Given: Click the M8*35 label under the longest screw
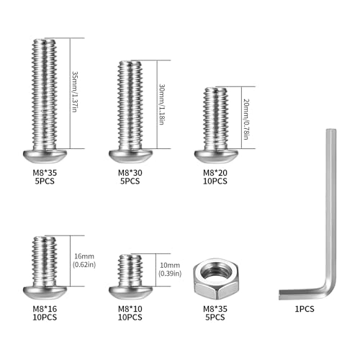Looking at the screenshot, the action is [x=45, y=173].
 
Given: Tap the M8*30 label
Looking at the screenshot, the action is [x=130, y=173].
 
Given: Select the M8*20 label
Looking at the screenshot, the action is [x=215, y=173].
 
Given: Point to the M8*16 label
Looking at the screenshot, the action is [x=45, y=309].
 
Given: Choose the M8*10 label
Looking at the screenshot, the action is [x=130, y=309].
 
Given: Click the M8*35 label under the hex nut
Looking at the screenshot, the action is [x=215, y=309].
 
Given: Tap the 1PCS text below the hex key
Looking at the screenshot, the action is [x=305, y=309].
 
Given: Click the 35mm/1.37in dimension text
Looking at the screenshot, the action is [x=75, y=91].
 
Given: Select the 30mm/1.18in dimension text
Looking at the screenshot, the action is [x=162, y=104].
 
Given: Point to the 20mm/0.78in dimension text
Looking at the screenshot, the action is [x=246, y=119].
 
